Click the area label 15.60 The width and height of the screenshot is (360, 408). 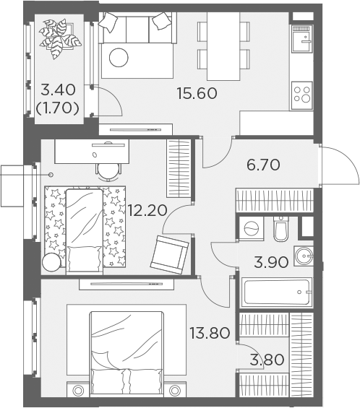coord(197,93)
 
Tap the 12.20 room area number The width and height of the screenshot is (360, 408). coord(147,210)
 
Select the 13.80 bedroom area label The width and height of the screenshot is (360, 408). coord(210,333)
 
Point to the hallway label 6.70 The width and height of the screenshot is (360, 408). coord(263,165)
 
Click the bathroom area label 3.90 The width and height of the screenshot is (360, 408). coord(271,262)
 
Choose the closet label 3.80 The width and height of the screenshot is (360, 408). coord(267,360)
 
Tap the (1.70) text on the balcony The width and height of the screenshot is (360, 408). coord(57,108)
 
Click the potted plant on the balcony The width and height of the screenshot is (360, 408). coord(60,38)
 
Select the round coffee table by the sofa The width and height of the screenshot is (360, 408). coord(119,58)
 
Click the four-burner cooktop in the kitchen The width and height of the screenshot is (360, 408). coord(302,95)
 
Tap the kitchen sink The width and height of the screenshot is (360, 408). coord(302,39)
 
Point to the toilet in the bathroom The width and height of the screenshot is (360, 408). coord(280,229)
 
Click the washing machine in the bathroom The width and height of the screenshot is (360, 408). coord(252,228)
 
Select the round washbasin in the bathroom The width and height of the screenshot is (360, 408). coord(304,256)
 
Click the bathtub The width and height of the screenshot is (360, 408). coord(277,292)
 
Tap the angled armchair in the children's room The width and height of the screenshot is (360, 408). coord(169,255)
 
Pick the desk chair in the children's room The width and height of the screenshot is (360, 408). coord(108,172)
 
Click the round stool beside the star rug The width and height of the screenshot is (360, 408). coord(51,262)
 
